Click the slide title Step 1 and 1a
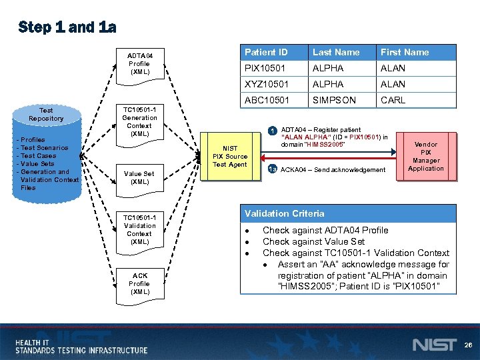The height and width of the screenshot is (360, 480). (x=67, y=27)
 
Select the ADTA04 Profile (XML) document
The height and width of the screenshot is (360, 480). (x=140, y=64)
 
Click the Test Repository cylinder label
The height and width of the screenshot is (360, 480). (x=46, y=115)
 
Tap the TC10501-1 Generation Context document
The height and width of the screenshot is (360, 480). (x=139, y=121)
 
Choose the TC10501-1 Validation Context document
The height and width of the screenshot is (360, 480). (x=139, y=229)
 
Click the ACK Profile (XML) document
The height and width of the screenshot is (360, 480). (x=140, y=283)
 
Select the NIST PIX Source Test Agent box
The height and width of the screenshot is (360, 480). (x=230, y=157)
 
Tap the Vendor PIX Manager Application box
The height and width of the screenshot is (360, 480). (x=426, y=157)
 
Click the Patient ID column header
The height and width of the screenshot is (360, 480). (x=266, y=52)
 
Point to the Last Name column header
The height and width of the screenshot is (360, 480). (x=336, y=52)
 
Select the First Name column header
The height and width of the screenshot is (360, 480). (x=405, y=52)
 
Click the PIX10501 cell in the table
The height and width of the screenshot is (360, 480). (x=265, y=68)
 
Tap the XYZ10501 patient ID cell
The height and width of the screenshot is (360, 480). (x=265, y=84)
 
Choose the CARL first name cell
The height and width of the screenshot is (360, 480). (x=393, y=100)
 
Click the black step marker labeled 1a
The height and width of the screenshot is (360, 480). (x=272, y=170)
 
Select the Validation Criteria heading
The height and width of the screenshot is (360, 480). (x=285, y=213)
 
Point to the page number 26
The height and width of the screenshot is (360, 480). (x=468, y=345)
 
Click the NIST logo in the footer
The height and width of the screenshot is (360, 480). (x=435, y=345)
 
